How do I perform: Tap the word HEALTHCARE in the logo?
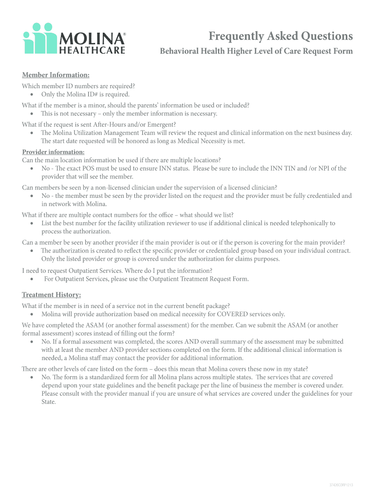click(x=92, y=50)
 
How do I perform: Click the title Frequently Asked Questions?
click(x=281, y=36)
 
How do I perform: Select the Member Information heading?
click(x=56, y=75)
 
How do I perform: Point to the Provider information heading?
click(x=53, y=152)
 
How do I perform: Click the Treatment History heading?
click(x=51, y=295)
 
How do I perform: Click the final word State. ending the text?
click(x=49, y=402)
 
